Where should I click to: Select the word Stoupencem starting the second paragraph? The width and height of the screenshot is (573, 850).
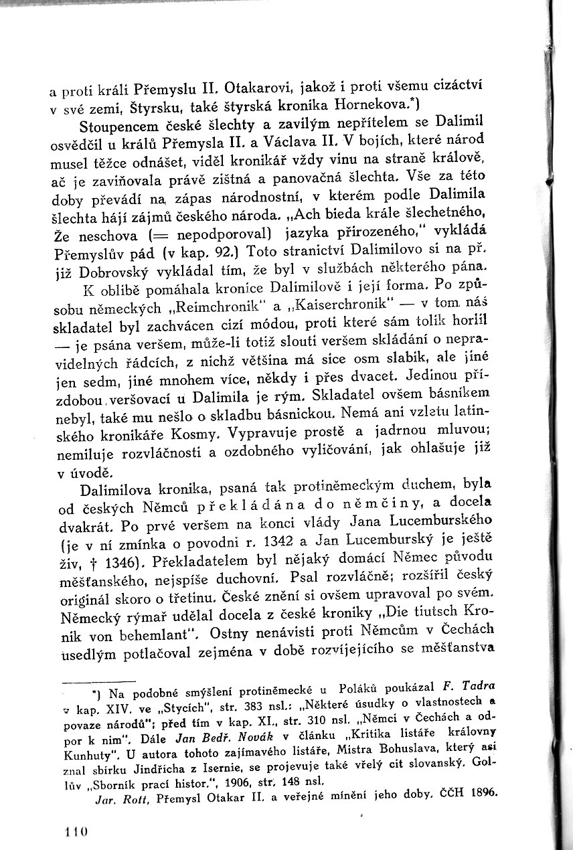[118, 126]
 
